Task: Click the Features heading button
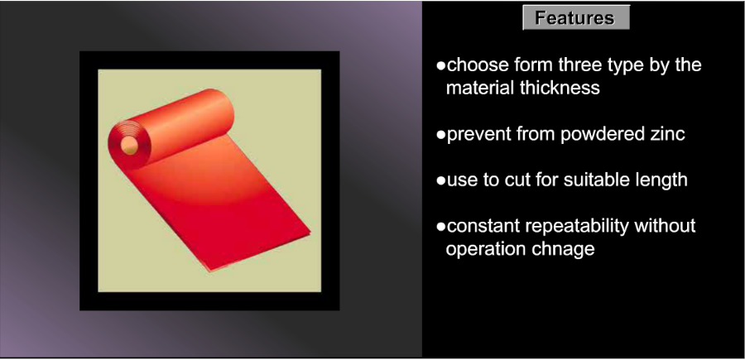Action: (576, 17)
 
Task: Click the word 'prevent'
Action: (479, 134)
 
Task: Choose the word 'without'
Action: (666, 226)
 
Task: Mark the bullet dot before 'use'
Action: (441, 181)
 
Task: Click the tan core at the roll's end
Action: (129, 145)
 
